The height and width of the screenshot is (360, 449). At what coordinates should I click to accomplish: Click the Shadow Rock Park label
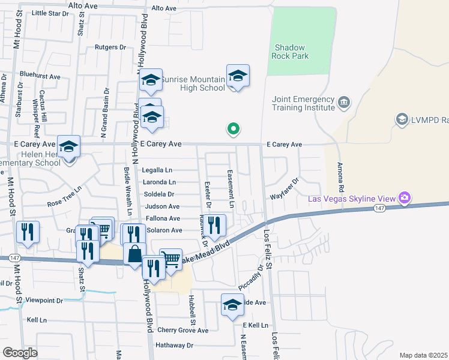tap(291, 52)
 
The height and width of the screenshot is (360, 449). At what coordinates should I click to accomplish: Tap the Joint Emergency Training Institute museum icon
tap(344, 101)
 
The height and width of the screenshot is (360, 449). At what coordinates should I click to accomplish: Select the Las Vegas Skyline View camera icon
tap(405, 197)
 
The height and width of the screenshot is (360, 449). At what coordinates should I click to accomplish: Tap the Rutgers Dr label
tap(110, 47)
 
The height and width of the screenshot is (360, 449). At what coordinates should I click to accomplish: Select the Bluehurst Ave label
tap(40, 76)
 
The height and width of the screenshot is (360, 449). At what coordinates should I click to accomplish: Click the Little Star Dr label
tap(50, 13)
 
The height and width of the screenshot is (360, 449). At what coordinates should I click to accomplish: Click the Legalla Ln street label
tap(157, 170)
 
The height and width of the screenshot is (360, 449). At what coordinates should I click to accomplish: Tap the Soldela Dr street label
tap(159, 194)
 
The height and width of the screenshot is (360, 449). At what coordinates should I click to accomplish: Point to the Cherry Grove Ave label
tap(182, 330)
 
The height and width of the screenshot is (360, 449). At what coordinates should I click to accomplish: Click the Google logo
tap(20, 353)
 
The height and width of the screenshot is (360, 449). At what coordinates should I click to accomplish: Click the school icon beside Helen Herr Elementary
tap(69, 146)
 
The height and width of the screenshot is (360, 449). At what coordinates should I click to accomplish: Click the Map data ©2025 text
tap(423, 355)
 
